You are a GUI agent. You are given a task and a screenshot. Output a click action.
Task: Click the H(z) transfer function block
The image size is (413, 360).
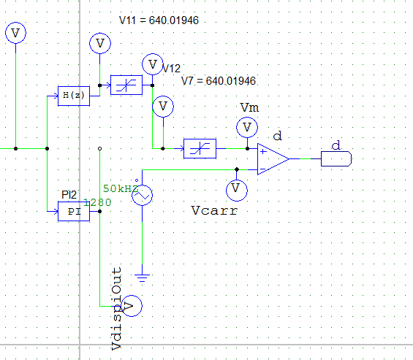click(73, 96)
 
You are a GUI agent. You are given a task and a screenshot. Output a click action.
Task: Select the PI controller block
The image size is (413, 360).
click(73, 211)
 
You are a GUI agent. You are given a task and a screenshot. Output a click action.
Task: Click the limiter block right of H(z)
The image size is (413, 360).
click(126, 85)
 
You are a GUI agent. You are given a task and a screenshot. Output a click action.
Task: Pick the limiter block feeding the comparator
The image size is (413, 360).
click(199, 148)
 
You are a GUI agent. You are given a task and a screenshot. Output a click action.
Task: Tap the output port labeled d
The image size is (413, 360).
click(337, 158)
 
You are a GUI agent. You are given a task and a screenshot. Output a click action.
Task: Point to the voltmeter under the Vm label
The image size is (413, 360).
click(248, 128)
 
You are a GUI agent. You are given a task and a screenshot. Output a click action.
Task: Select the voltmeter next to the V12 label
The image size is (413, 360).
click(152, 64)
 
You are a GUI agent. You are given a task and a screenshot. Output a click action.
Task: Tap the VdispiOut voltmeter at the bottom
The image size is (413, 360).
click(130, 305)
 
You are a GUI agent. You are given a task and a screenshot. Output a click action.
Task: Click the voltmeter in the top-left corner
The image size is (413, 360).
click(15, 32)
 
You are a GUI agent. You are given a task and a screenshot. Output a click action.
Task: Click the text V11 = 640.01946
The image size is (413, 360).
click(159, 20)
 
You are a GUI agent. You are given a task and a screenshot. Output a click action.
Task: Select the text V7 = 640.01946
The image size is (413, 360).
click(218, 80)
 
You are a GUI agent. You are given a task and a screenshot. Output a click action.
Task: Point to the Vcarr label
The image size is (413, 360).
click(214, 211)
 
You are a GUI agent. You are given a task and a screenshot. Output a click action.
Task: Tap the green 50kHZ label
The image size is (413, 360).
click(121, 188)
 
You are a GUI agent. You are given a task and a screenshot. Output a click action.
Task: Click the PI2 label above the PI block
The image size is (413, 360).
click(69, 195)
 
